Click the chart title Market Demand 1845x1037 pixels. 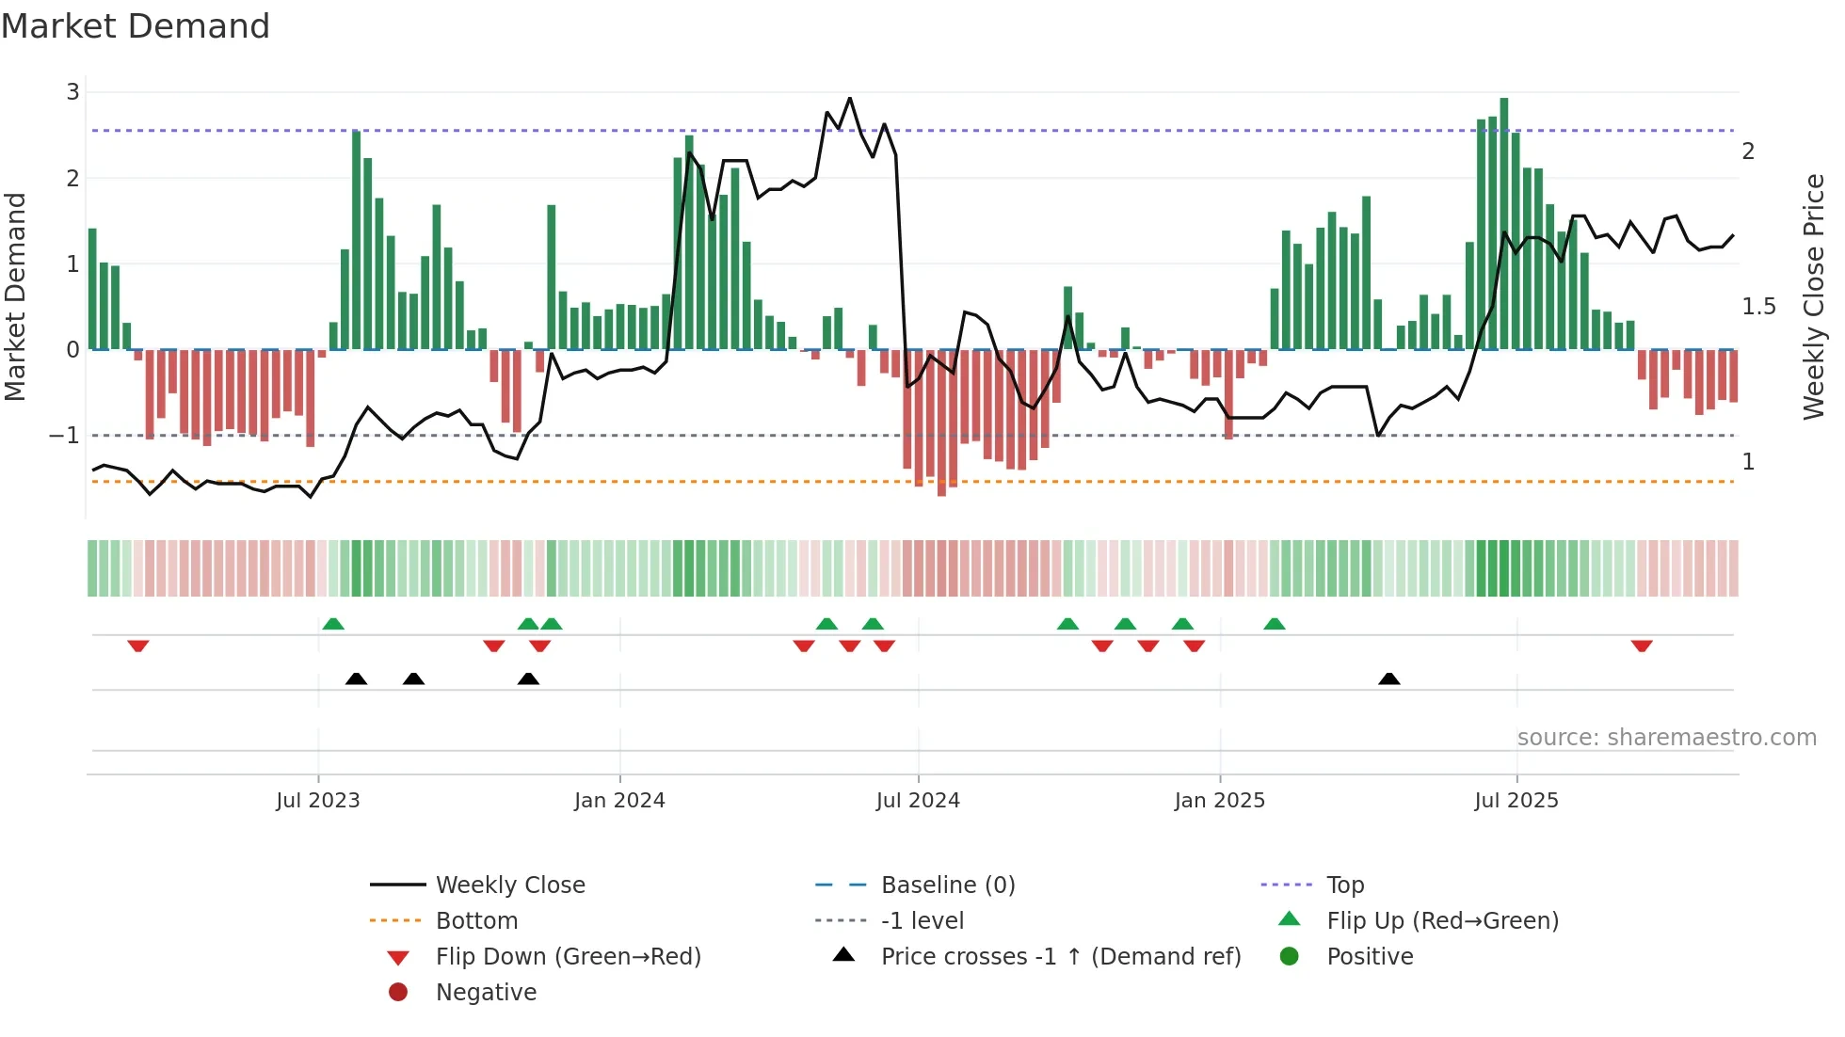pos(136,26)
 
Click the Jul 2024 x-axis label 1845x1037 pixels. pos(918,801)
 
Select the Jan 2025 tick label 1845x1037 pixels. pos(1219,801)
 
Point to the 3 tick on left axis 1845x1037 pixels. pos(72,92)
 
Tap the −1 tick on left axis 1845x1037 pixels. pos(64,436)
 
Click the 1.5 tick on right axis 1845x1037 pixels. pos(1758,307)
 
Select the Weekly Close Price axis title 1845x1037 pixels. pos(1813,296)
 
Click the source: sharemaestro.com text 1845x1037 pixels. pos(1666,738)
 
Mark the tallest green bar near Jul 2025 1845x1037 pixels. pos(1504,224)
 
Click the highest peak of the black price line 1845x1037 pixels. pos(850,98)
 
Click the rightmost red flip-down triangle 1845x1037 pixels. pos(1642,646)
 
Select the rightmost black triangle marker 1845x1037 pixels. pos(1388,678)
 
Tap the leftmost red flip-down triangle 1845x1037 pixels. pos(138,646)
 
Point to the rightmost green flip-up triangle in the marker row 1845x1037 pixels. pos(1274,624)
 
